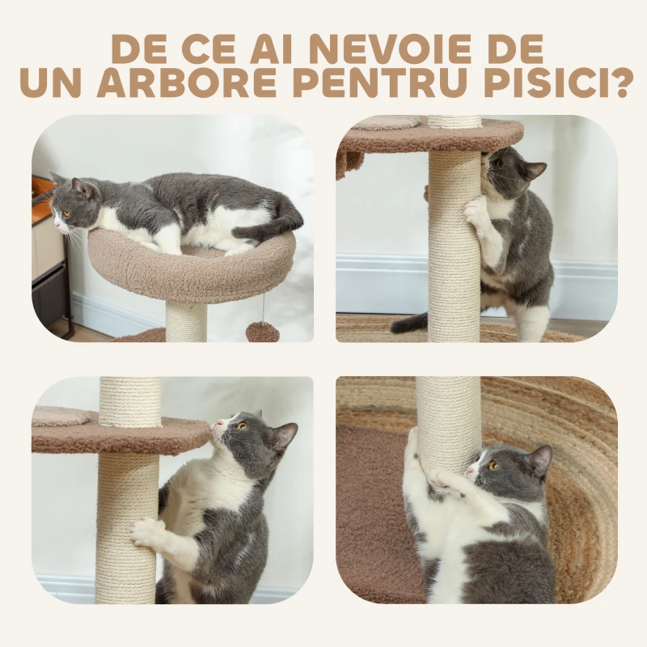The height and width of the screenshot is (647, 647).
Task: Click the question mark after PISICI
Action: (618, 83)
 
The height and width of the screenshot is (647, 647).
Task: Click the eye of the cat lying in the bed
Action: (66, 214)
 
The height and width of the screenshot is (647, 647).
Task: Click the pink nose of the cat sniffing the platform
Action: (217, 424)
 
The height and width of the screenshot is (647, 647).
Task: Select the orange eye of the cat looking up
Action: (242, 425)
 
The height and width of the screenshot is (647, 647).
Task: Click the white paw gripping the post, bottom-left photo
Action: (147, 532)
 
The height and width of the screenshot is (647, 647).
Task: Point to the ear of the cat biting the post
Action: (536, 169)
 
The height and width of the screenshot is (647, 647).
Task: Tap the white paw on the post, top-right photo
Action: (476, 210)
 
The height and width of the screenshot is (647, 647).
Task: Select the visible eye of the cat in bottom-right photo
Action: (493, 466)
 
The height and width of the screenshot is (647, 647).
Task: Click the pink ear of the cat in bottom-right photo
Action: (541, 459)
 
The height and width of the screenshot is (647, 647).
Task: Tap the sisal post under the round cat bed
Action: (186, 321)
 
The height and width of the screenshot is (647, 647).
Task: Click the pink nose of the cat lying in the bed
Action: (56, 226)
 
